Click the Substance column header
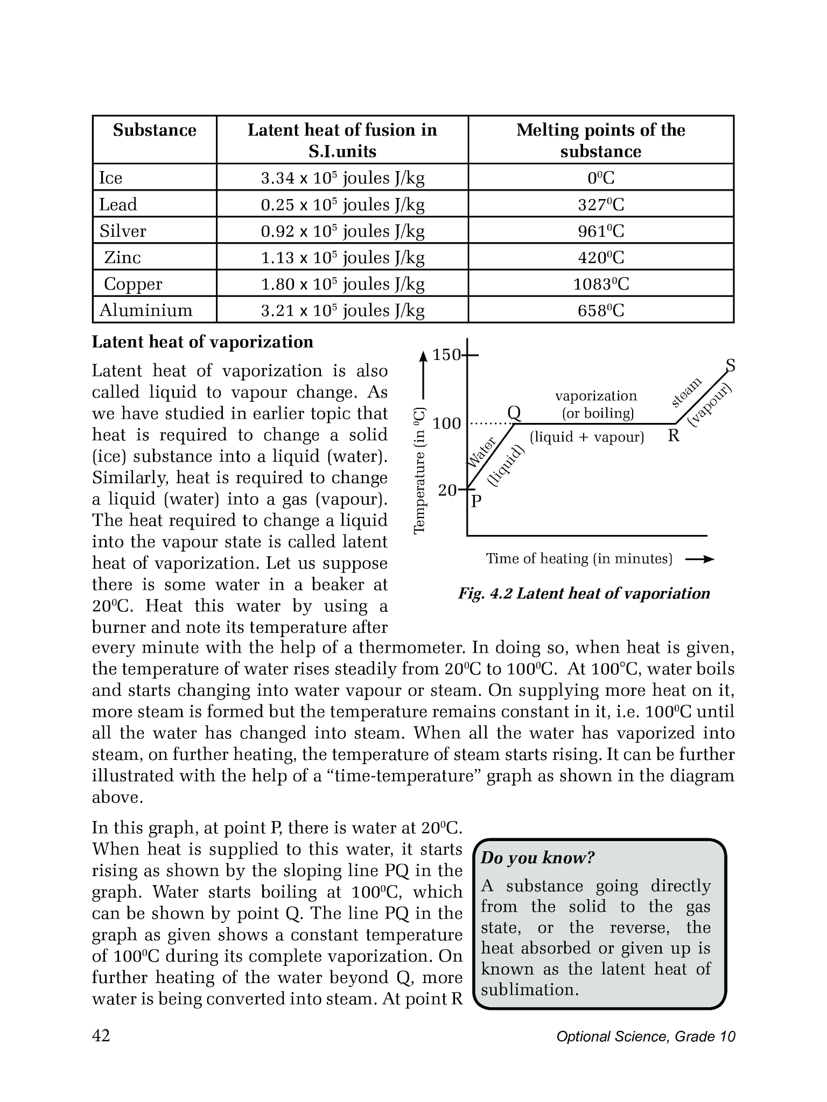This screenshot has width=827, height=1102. point(155,131)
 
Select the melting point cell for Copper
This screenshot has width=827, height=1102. point(600,284)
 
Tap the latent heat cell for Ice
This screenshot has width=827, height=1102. point(342,178)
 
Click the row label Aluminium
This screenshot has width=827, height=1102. point(146,310)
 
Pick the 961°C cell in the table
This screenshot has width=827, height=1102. point(600,231)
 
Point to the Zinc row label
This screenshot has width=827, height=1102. point(122,257)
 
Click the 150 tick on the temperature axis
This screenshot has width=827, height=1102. point(447,355)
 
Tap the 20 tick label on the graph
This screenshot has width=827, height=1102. point(447,490)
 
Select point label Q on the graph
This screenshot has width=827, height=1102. point(514,413)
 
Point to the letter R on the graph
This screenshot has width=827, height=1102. point(674,436)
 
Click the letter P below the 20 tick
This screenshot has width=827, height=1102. point(476,502)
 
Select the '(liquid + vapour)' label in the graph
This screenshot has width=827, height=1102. point(587,437)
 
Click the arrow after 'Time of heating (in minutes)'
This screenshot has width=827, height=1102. point(699,560)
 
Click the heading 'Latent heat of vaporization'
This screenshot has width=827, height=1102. point(202,342)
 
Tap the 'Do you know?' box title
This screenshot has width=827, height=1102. point(537,858)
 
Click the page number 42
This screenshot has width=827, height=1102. point(101,1035)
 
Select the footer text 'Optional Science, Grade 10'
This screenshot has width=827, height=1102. point(646,1037)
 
